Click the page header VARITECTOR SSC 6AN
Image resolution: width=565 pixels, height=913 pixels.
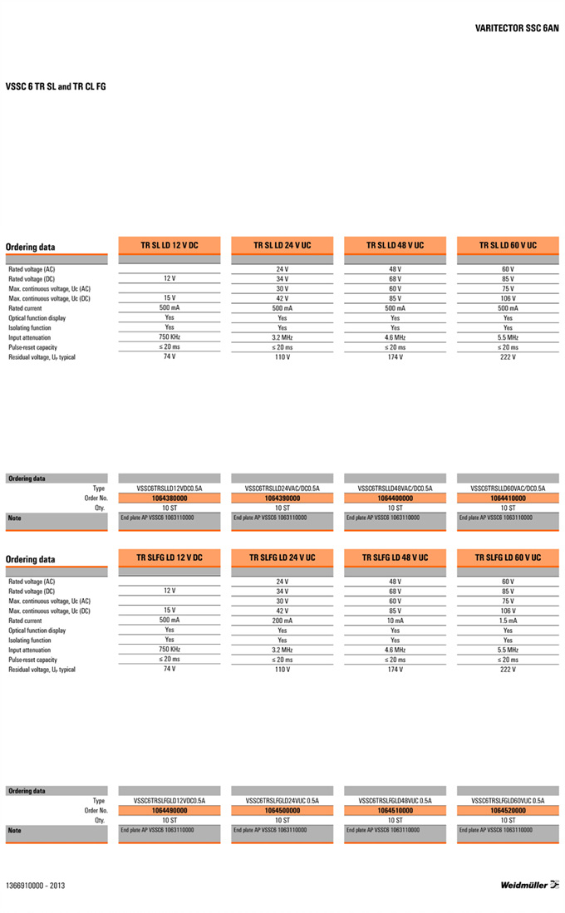(x=517, y=28)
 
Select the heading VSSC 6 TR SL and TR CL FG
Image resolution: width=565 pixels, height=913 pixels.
(x=56, y=86)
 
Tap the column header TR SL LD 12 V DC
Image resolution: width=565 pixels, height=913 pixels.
(x=169, y=245)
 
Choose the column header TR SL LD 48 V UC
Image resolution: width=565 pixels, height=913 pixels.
(x=395, y=245)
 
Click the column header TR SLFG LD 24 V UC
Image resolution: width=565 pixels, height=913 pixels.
(x=282, y=557)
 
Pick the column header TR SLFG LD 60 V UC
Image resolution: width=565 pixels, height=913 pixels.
(x=508, y=557)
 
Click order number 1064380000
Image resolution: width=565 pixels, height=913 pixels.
(x=169, y=498)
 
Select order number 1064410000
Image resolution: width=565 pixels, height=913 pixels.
(x=508, y=498)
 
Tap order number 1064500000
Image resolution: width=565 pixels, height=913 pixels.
(x=282, y=810)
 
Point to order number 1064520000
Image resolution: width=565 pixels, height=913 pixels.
(x=508, y=810)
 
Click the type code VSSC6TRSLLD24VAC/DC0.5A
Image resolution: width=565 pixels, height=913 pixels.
(x=282, y=488)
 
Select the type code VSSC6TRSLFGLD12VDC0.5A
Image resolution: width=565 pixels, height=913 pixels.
(x=169, y=801)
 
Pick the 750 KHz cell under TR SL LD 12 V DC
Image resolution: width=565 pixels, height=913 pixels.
(x=169, y=337)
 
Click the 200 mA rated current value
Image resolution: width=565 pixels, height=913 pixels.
(x=282, y=621)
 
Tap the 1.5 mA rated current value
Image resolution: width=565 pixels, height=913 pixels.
(x=508, y=621)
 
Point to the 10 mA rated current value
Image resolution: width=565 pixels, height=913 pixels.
(x=395, y=621)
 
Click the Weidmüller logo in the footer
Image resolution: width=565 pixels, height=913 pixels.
(x=529, y=885)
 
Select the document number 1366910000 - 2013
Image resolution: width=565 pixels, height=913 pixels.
(x=35, y=886)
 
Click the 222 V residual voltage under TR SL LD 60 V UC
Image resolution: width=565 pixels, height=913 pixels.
(x=508, y=357)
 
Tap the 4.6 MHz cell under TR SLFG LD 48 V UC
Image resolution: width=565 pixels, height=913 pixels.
(x=395, y=650)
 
